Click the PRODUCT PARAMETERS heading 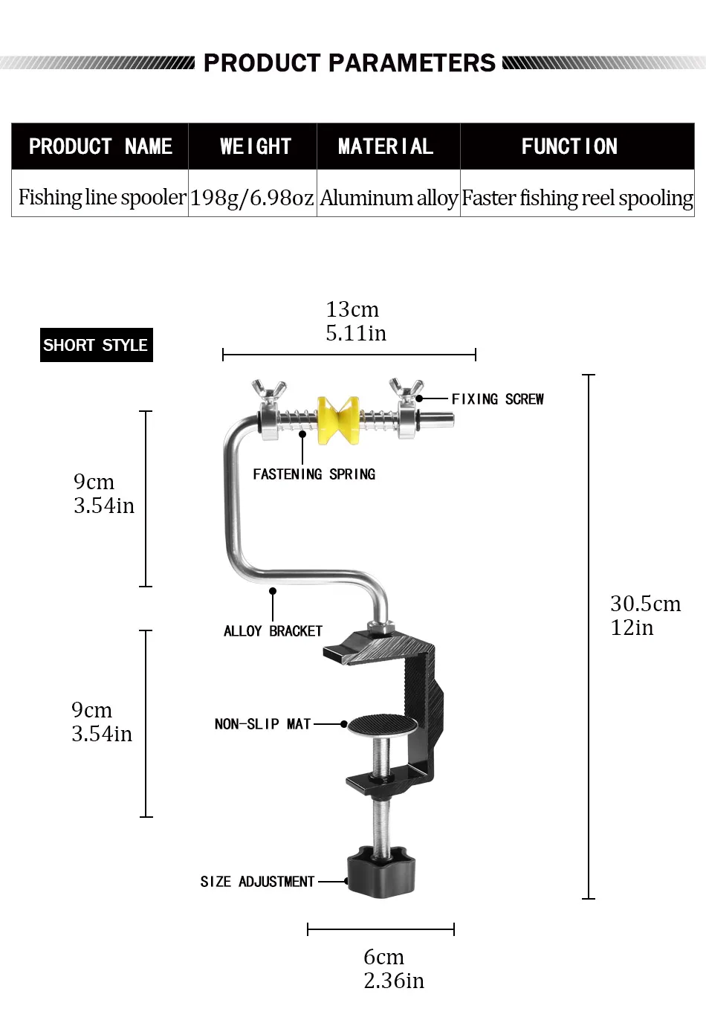pyautogui.click(x=349, y=63)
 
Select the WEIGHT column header pyautogui.click(x=255, y=146)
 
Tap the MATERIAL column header pyautogui.click(x=386, y=146)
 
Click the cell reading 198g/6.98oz pyautogui.click(x=252, y=198)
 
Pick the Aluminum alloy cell pyautogui.click(x=388, y=198)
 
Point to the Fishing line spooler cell pyautogui.click(x=102, y=197)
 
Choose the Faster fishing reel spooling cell pyautogui.click(x=577, y=198)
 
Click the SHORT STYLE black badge pyautogui.click(x=96, y=345)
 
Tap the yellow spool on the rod pyautogui.click(x=338, y=419)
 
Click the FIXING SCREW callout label pyautogui.click(x=497, y=399)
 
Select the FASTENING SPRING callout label pyautogui.click(x=314, y=474)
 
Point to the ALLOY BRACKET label pyautogui.click(x=273, y=631)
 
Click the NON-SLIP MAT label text pyautogui.click(x=262, y=724)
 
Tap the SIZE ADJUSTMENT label pyautogui.click(x=257, y=882)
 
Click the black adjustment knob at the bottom pyautogui.click(x=380, y=870)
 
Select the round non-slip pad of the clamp pyautogui.click(x=383, y=724)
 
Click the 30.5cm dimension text pyautogui.click(x=645, y=604)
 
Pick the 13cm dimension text pyautogui.click(x=352, y=310)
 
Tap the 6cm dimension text pyautogui.click(x=384, y=957)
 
